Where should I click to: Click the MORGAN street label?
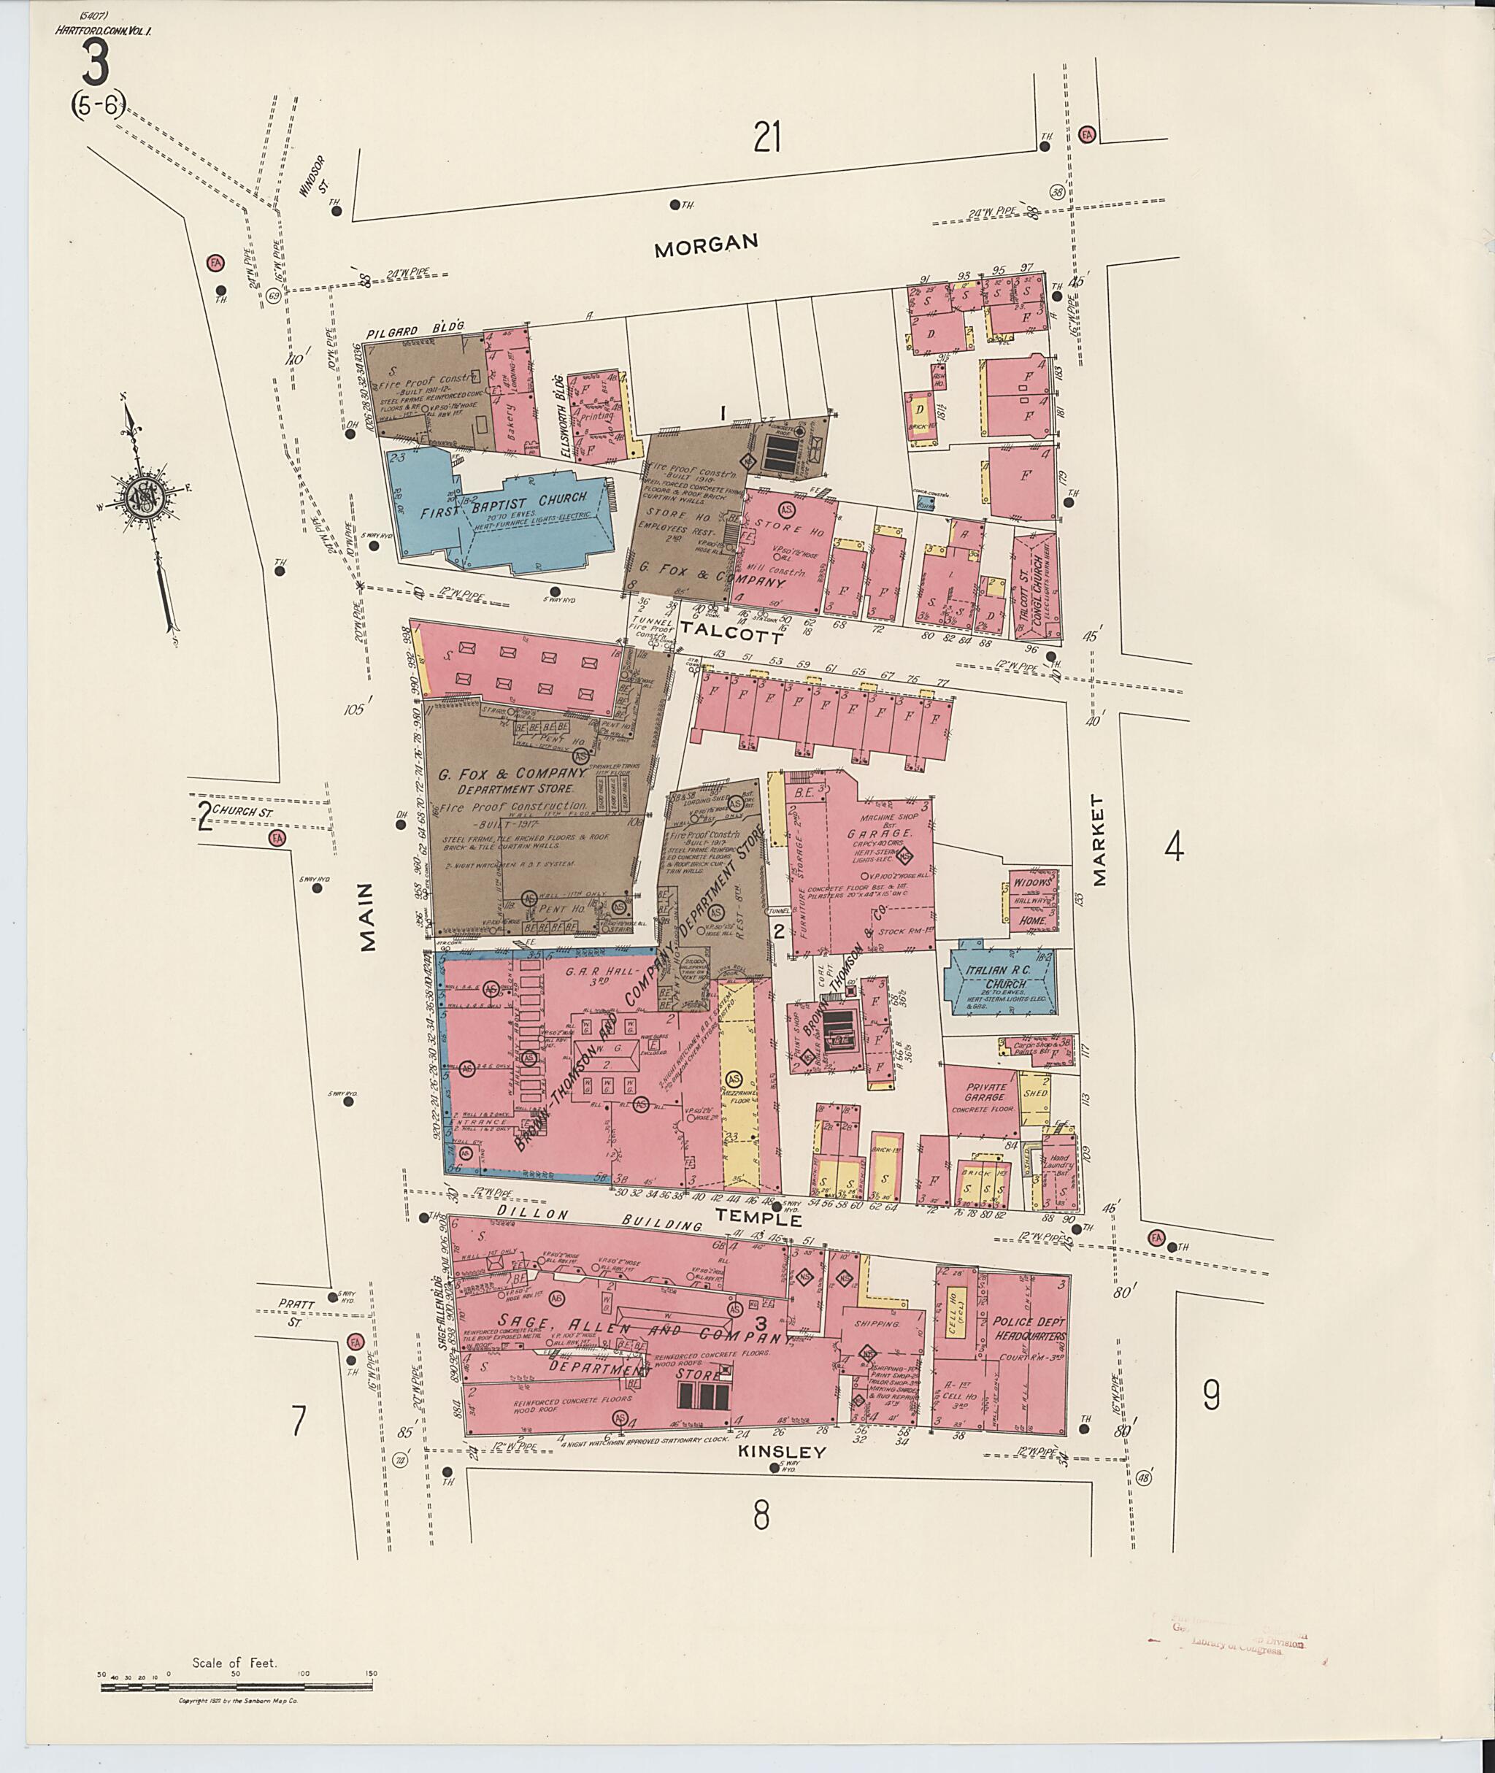[705, 246]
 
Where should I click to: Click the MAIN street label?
[367, 916]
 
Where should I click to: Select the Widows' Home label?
[1032, 901]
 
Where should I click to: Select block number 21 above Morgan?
[766, 136]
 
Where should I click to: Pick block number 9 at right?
[1211, 1395]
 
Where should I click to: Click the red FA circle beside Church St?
[275, 838]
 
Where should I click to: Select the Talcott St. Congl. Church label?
[1036, 585]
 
